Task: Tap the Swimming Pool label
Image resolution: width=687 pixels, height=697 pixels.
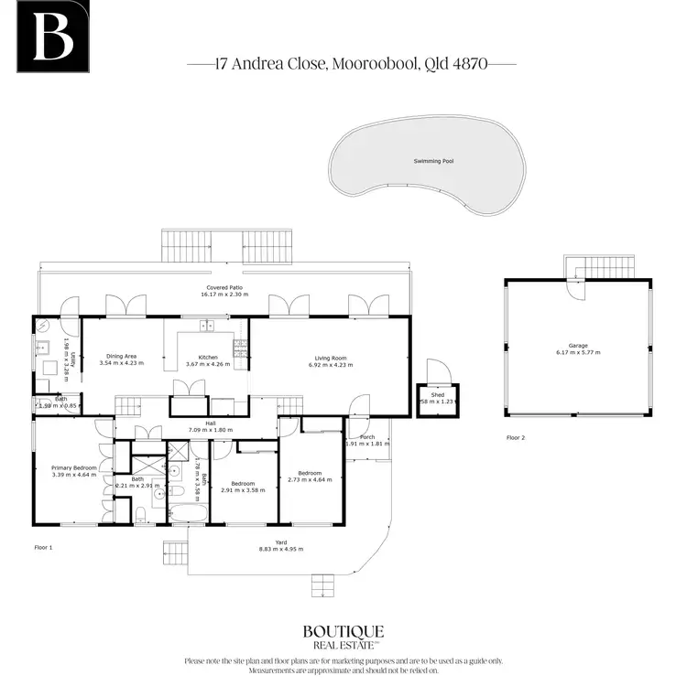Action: [433, 161]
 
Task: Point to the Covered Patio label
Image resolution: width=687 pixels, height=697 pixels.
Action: [223, 288]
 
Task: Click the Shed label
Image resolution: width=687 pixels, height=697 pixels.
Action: [438, 395]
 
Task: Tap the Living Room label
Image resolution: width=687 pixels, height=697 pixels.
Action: [332, 359]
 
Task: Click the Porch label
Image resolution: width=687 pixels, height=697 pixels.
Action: [367, 437]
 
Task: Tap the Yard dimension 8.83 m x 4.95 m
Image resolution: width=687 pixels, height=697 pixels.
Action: [281, 549]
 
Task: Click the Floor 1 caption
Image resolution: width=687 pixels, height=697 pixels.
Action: [44, 547]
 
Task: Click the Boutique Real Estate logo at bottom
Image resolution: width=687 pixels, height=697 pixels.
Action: [343, 636]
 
